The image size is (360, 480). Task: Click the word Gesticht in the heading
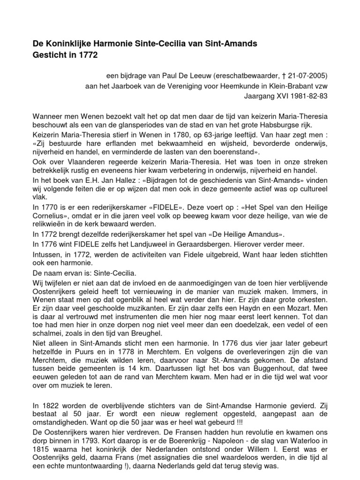coord(49,54)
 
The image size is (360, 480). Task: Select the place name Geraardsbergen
coord(192,244)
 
